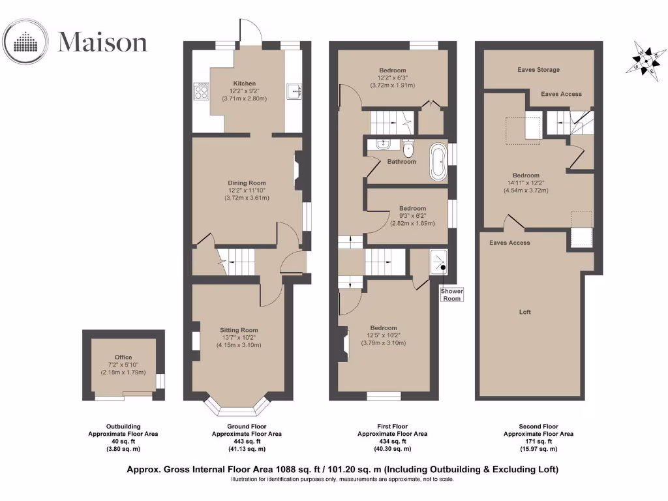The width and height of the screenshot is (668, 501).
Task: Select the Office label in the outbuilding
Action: click(x=123, y=357)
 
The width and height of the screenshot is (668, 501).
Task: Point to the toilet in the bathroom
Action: click(x=408, y=146)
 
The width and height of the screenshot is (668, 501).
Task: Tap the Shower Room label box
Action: click(x=452, y=294)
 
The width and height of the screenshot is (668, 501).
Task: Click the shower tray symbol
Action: click(x=438, y=263)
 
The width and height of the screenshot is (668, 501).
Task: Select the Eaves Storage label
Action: click(x=538, y=70)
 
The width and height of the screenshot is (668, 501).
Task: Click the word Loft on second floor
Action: click(x=525, y=312)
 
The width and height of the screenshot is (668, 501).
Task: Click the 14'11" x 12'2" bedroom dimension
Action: click(x=525, y=183)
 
